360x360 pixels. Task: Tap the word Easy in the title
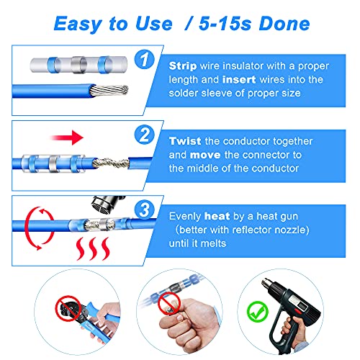pyautogui.click(x=82, y=24)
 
